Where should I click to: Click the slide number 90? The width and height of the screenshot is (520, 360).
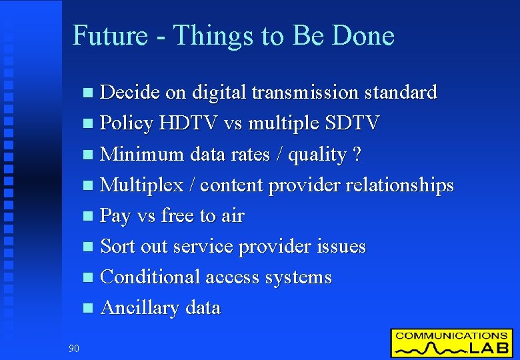(73, 347)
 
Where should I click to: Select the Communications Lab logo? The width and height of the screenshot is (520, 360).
(451, 343)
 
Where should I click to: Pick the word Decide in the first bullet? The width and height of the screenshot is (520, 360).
(129, 92)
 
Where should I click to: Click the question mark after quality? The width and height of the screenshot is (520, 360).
(357, 154)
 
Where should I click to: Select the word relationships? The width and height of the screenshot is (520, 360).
(393, 185)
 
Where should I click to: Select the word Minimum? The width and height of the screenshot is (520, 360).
(141, 154)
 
